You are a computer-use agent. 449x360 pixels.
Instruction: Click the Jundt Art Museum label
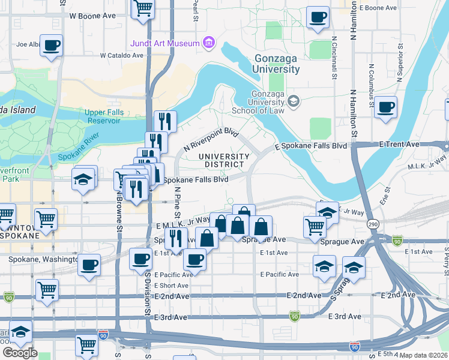(x=165, y=43)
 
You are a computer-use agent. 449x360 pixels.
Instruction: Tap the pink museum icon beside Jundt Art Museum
(x=209, y=43)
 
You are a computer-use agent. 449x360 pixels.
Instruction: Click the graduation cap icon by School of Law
(x=294, y=101)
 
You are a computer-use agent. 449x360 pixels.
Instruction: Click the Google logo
(x=20, y=353)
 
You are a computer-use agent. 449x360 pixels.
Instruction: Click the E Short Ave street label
(x=173, y=286)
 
